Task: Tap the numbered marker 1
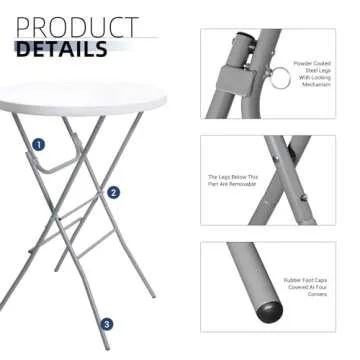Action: pyautogui.click(x=38, y=145)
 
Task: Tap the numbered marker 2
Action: pyautogui.click(x=113, y=193)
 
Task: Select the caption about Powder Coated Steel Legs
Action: pyautogui.click(x=325, y=75)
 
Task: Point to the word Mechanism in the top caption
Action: pyautogui.click(x=325, y=86)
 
